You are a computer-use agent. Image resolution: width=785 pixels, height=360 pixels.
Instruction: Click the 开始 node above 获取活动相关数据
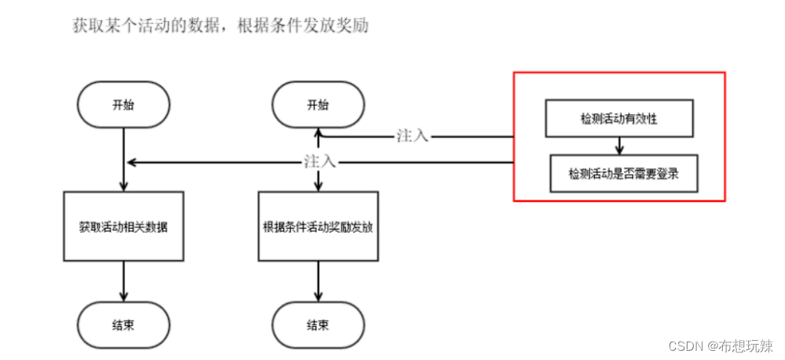(x=124, y=104)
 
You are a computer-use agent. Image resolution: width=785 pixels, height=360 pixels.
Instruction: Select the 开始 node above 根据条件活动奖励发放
(x=318, y=104)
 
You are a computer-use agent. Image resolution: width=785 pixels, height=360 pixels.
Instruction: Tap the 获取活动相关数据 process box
(x=124, y=227)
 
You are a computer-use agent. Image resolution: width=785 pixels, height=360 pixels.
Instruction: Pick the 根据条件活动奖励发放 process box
(x=318, y=227)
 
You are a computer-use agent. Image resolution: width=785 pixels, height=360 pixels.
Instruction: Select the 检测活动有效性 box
(x=618, y=120)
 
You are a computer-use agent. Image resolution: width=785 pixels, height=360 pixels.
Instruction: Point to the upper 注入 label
(x=412, y=136)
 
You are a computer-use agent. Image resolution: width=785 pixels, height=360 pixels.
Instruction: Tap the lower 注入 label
(x=319, y=162)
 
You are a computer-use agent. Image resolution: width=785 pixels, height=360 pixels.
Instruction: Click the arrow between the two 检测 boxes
(x=618, y=147)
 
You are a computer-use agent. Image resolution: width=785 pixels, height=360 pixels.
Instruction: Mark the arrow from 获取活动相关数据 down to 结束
(x=124, y=282)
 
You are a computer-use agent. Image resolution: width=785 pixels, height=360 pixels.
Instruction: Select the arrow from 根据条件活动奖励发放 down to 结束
(x=318, y=282)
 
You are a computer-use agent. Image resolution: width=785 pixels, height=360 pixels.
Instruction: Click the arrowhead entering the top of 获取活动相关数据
(x=124, y=187)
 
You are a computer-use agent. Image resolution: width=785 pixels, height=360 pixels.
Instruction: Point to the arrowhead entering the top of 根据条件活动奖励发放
(x=318, y=187)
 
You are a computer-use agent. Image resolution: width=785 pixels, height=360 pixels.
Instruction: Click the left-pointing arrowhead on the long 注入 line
(x=131, y=162)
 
